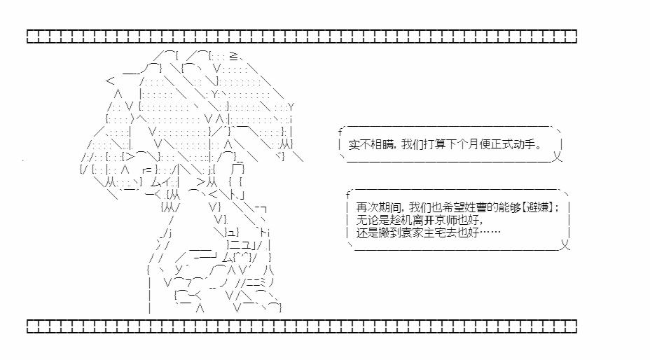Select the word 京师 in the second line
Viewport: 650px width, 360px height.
[445, 220]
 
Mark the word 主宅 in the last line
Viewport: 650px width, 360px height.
[434, 233]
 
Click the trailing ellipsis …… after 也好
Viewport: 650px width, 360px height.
[490, 233]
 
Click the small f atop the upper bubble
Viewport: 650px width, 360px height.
[340, 132]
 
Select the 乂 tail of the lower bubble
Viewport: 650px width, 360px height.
[565, 245]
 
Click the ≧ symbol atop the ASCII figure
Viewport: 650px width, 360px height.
[233, 56]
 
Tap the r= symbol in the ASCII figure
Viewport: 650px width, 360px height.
[148, 169]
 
